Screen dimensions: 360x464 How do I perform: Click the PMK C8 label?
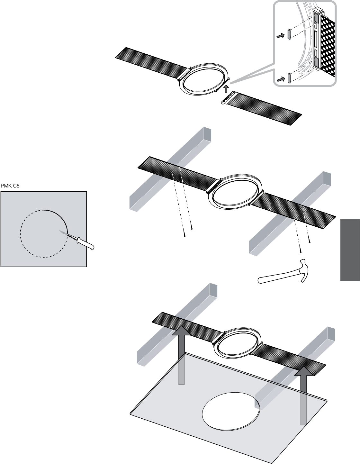[x=10, y=186]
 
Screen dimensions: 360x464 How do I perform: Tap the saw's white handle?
[x=86, y=243]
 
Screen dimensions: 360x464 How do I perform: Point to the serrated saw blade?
[x=68, y=235]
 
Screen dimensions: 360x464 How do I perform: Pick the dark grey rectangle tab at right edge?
[x=350, y=250]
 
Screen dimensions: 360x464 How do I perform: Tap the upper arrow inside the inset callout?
[x=281, y=36]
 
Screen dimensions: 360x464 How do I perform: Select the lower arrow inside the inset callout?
[x=281, y=79]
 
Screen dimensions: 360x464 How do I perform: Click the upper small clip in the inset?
[x=289, y=34]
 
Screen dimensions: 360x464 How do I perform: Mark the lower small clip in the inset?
[x=289, y=78]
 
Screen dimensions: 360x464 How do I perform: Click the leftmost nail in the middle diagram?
[x=185, y=235]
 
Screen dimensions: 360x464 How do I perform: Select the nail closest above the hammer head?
[x=301, y=251]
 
